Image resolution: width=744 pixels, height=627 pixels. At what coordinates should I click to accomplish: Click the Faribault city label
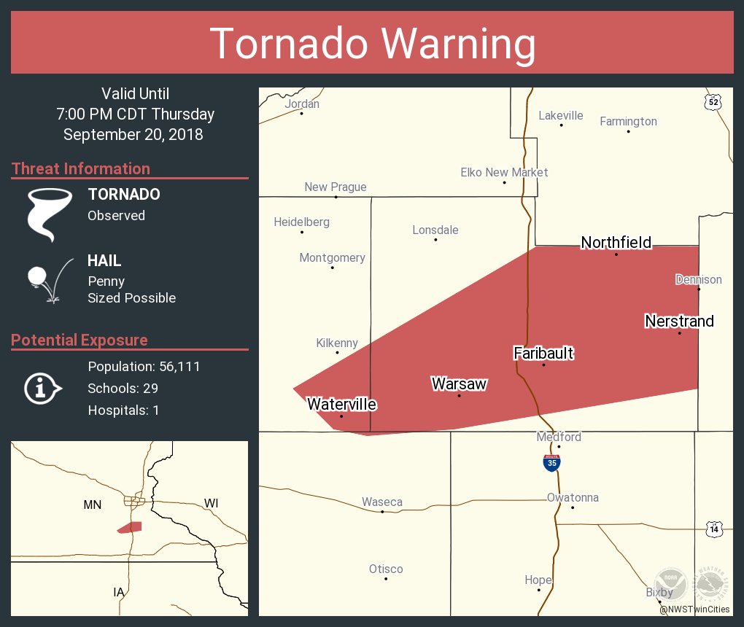(x=543, y=354)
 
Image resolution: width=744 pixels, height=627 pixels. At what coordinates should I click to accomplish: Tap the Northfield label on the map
(x=616, y=243)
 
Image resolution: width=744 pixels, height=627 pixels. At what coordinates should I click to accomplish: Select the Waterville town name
(x=341, y=404)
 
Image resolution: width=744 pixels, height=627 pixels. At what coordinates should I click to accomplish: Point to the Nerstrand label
(x=679, y=322)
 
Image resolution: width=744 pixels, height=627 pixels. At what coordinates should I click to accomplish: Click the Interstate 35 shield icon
(x=551, y=462)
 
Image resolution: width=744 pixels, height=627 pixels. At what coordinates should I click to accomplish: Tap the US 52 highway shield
(x=713, y=103)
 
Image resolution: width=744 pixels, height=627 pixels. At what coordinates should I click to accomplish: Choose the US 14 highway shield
(x=714, y=529)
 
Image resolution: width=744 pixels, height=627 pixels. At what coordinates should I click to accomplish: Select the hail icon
(x=48, y=279)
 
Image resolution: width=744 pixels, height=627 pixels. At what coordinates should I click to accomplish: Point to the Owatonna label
(x=573, y=498)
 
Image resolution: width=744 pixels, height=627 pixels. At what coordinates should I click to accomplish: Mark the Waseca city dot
(x=382, y=511)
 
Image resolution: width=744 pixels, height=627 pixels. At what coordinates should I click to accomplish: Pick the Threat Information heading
(x=81, y=169)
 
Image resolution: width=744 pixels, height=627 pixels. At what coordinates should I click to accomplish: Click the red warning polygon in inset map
(x=131, y=527)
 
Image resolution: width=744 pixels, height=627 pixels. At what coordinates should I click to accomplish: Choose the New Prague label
(x=336, y=187)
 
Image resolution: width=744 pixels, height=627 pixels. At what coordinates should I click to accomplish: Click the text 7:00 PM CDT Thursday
(x=135, y=114)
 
